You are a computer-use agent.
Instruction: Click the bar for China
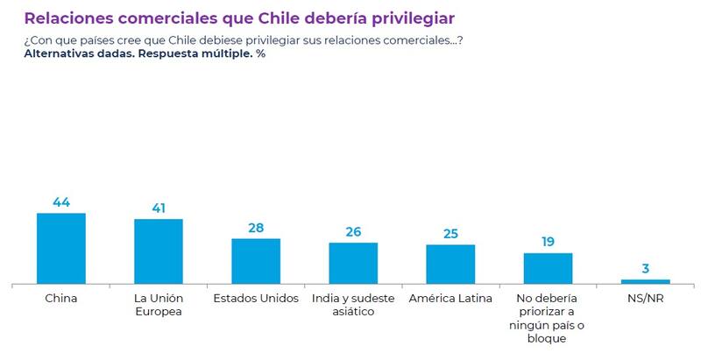[61, 248]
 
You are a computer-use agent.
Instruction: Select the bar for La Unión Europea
[159, 251]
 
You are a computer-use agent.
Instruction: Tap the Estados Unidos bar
[256, 261]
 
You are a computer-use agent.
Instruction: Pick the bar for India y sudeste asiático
[353, 263]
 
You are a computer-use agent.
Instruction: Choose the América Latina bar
[450, 264]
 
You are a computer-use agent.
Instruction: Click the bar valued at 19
[548, 268]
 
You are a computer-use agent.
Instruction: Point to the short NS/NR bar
[645, 281]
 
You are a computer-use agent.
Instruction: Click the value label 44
[61, 202]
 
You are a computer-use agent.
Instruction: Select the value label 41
[159, 208]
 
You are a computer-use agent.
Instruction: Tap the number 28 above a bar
[256, 228]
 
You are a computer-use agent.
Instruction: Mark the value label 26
[353, 232]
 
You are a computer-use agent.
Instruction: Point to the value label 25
[450, 234]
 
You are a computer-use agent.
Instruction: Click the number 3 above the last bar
[645, 269]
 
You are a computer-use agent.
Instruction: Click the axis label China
[61, 298]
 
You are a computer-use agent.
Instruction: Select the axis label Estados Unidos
[256, 298]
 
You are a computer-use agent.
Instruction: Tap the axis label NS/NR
[645, 298]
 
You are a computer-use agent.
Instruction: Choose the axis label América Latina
[450, 298]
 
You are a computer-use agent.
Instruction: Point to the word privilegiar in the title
[405, 18]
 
